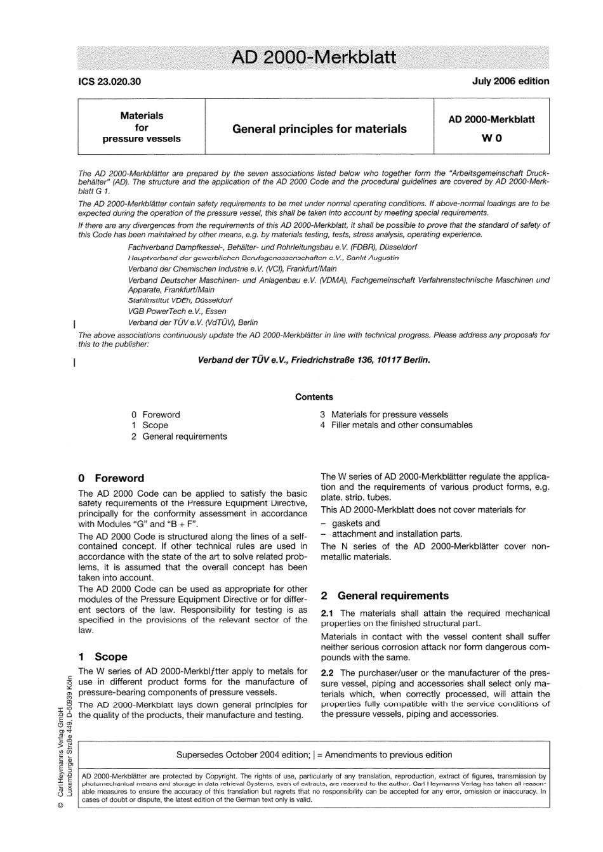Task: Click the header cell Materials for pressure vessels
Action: click(x=142, y=127)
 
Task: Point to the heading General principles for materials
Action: click(x=319, y=129)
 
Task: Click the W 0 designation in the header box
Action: click(x=491, y=138)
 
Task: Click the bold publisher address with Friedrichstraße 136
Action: click(x=314, y=360)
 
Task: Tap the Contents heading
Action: click(x=314, y=397)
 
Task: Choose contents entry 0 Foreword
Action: click(x=156, y=414)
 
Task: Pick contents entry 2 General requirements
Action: click(x=179, y=436)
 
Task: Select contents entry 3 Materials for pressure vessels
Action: click(x=384, y=414)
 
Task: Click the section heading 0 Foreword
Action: click(x=111, y=478)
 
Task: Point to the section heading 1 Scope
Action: click(x=103, y=657)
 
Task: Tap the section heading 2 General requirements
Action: click(x=385, y=596)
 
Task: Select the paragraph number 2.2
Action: click(x=328, y=672)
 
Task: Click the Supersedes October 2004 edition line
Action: click(x=314, y=755)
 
